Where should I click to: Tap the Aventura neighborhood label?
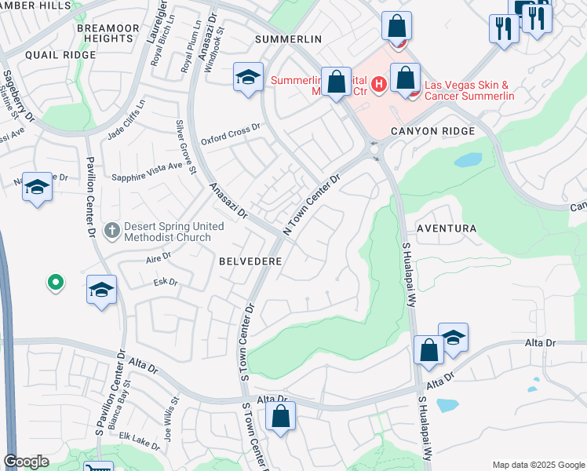pyautogui.click(x=446, y=228)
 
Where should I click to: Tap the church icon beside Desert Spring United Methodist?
pyautogui.click(x=112, y=231)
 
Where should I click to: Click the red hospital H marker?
pyautogui.click(x=379, y=82)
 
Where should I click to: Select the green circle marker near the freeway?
pyautogui.click(x=55, y=282)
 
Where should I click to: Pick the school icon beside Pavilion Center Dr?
pyautogui.click(x=101, y=290)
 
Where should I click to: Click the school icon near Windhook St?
pyautogui.click(x=248, y=77)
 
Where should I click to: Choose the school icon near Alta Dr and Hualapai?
pyautogui.click(x=453, y=337)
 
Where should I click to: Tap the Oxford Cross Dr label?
pyautogui.click(x=230, y=134)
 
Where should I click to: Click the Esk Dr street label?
pyautogui.click(x=166, y=282)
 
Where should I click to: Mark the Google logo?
pyautogui.click(x=26, y=462)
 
